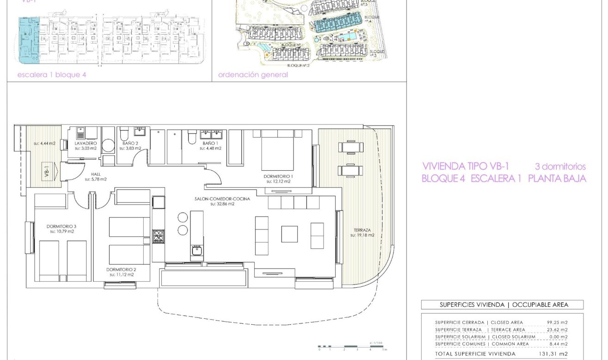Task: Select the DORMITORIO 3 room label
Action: pos(61,226)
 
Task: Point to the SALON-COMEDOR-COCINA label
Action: pos(229,199)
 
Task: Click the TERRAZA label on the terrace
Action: pos(362,230)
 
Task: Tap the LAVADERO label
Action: pos(86,143)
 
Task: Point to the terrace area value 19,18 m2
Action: pos(362,235)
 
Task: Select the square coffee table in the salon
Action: pos(289,233)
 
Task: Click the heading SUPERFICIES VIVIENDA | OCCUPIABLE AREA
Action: pos(502,304)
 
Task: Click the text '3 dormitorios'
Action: pos(560,167)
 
